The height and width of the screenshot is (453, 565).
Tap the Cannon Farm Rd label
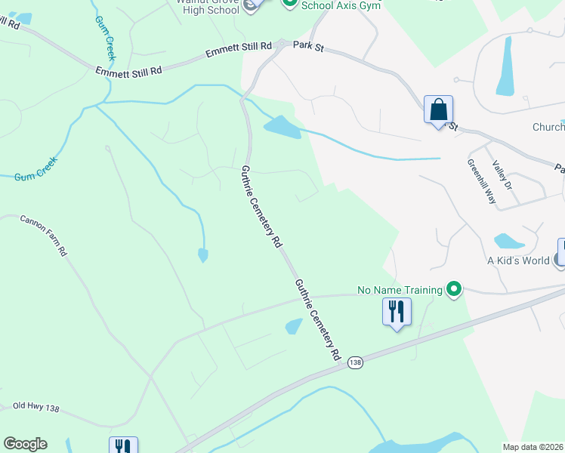[44, 236]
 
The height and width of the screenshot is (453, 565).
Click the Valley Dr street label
[502, 175]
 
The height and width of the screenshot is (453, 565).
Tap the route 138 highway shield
[356, 364]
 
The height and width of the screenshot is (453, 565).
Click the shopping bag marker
[438, 110]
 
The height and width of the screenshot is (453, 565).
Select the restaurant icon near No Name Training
[397, 310]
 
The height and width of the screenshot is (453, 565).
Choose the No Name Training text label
[400, 290]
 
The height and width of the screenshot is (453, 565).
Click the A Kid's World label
[517, 261]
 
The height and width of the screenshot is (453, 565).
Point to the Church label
[548, 127]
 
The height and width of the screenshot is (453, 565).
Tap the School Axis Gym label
[340, 5]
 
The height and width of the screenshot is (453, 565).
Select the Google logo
[25, 444]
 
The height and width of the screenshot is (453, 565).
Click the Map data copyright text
[533, 447]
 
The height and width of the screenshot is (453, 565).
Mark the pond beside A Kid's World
[509, 242]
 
